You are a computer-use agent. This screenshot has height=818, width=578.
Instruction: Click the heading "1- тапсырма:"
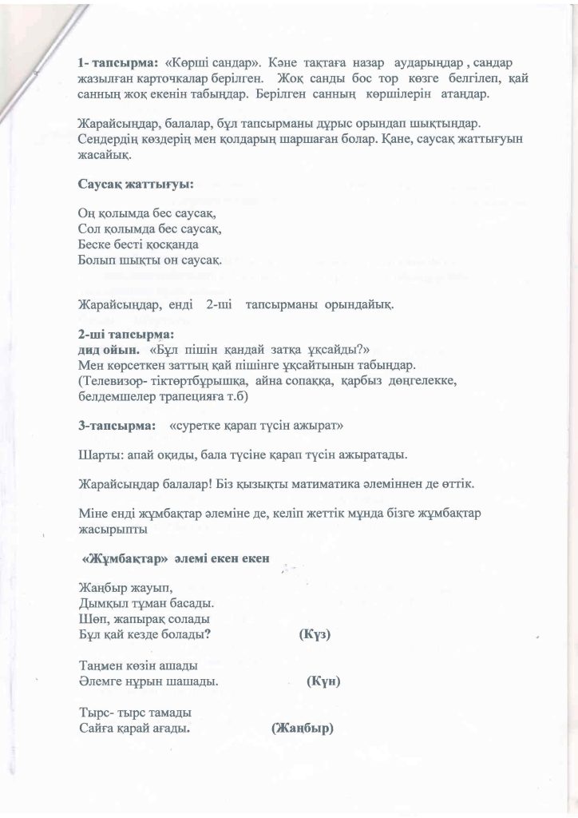(x=117, y=62)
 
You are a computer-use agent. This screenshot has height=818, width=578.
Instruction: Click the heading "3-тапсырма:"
(x=117, y=427)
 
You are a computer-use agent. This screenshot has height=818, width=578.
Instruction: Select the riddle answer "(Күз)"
(x=315, y=634)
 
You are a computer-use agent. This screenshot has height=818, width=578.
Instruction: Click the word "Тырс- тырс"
(x=109, y=713)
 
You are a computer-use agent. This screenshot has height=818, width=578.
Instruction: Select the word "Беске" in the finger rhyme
(x=96, y=244)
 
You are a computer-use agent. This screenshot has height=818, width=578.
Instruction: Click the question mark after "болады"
(x=208, y=634)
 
